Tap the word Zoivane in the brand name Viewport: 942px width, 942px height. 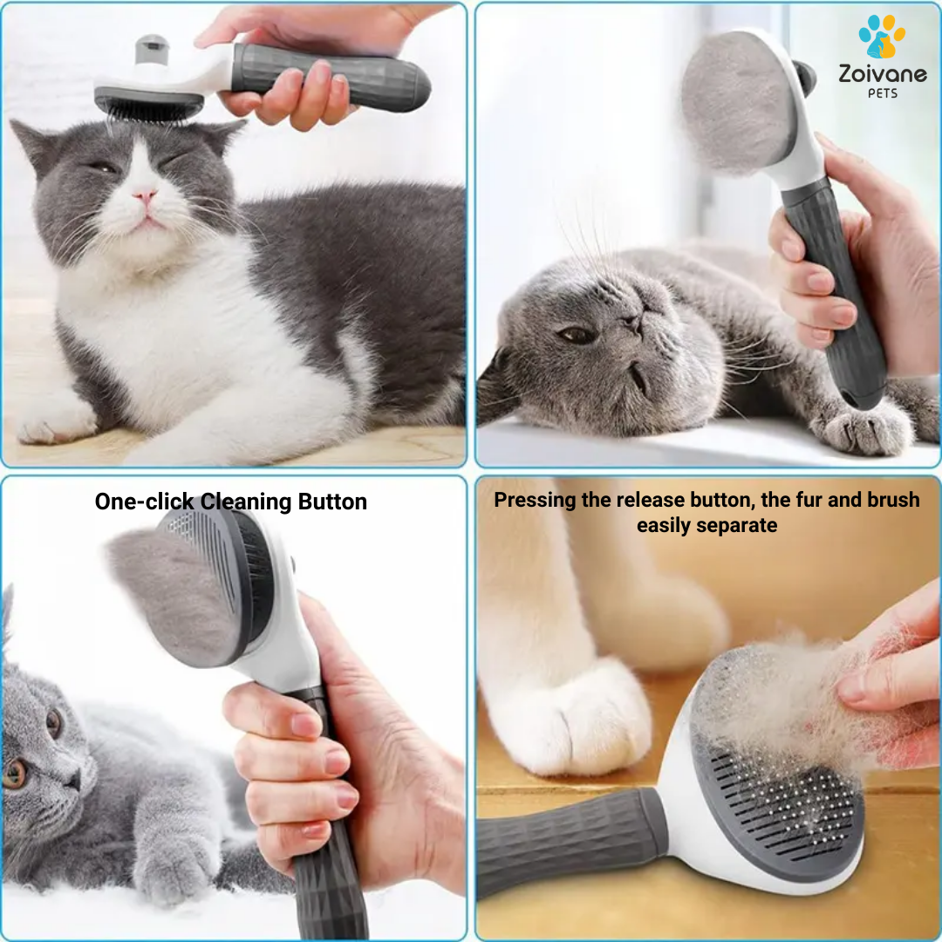[x=883, y=74]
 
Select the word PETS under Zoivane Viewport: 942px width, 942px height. [x=883, y=93]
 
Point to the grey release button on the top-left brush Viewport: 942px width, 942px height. [x=152, y=49]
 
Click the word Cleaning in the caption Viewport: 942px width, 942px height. [x=245, y=502]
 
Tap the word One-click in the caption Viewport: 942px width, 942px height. [x=144, y=502]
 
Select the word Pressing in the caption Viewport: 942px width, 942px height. [x=535, y=500]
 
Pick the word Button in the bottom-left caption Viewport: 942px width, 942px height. [x=332, y=502]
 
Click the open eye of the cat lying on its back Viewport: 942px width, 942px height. [x=577, y=335]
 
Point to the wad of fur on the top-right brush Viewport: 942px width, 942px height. [x=738, y=103]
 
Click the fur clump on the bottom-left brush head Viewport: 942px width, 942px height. [x=174, y=595]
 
